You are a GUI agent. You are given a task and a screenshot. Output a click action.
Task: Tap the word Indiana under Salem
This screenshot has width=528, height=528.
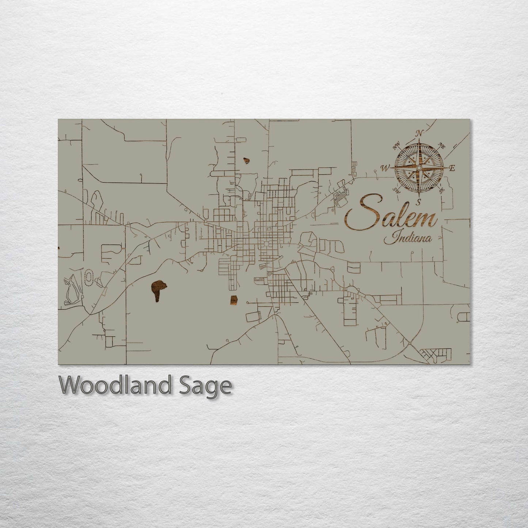(x=408, y=239)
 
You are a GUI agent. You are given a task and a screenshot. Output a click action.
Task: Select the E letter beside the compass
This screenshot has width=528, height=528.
(x=452, y=168)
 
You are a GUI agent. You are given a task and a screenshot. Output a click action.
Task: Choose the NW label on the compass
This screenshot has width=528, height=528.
(x=396, y=147)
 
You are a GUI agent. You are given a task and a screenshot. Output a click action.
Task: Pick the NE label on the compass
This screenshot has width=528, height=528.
(x=441, y=147)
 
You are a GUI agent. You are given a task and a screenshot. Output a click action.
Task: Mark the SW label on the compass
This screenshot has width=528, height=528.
(x=396, y=190)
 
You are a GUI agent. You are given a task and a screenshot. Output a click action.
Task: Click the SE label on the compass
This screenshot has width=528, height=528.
(x=441, y=190)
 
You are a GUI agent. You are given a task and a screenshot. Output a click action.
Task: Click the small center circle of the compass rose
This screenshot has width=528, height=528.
(x=419, y=168)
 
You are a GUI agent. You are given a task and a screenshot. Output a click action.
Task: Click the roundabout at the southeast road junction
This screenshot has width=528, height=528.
(x=411, y=343)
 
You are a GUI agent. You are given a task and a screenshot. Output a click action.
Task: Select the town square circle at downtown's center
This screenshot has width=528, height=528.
(x=266, y=244)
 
